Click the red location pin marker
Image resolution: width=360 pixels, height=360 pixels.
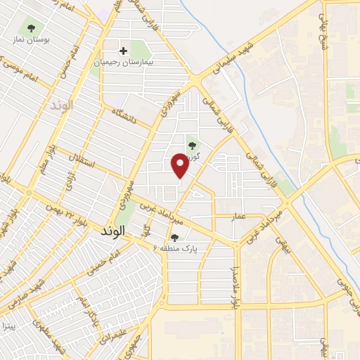point(180,165)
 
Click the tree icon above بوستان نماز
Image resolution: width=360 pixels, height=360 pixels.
point(30,29)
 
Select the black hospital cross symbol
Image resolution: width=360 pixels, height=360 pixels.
point(124,51)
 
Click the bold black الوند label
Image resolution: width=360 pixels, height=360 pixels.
point(112,231)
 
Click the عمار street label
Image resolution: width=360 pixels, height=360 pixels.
point(239,216)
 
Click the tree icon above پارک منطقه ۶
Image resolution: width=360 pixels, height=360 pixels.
point(174,237)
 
